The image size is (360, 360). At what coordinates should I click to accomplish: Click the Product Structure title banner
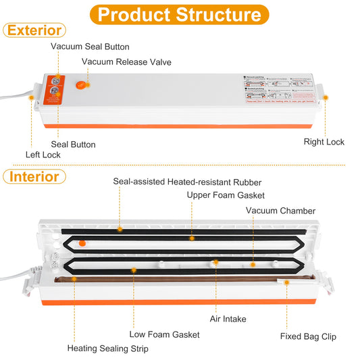click(180, 14)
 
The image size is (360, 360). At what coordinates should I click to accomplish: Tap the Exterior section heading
click(34, 30)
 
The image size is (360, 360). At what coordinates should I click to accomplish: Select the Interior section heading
click(34, 177)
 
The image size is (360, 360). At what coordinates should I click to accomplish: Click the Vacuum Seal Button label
click(91, 47)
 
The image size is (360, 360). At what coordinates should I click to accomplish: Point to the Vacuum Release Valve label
click(127, 62)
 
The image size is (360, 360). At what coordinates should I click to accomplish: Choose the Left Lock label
click(43, 155)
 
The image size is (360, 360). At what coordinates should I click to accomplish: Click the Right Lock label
click(324, 142)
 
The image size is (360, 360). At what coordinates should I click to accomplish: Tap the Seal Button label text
click(73, 145)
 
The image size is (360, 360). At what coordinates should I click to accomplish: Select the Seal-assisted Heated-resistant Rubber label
click(186, 182)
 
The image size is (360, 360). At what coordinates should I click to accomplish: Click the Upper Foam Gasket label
click(225, 195)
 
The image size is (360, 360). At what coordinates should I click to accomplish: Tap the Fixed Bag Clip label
click(308, 336)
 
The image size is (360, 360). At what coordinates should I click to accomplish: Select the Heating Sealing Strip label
click(107, 349)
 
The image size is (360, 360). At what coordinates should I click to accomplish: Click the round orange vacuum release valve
click(80, 86)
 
